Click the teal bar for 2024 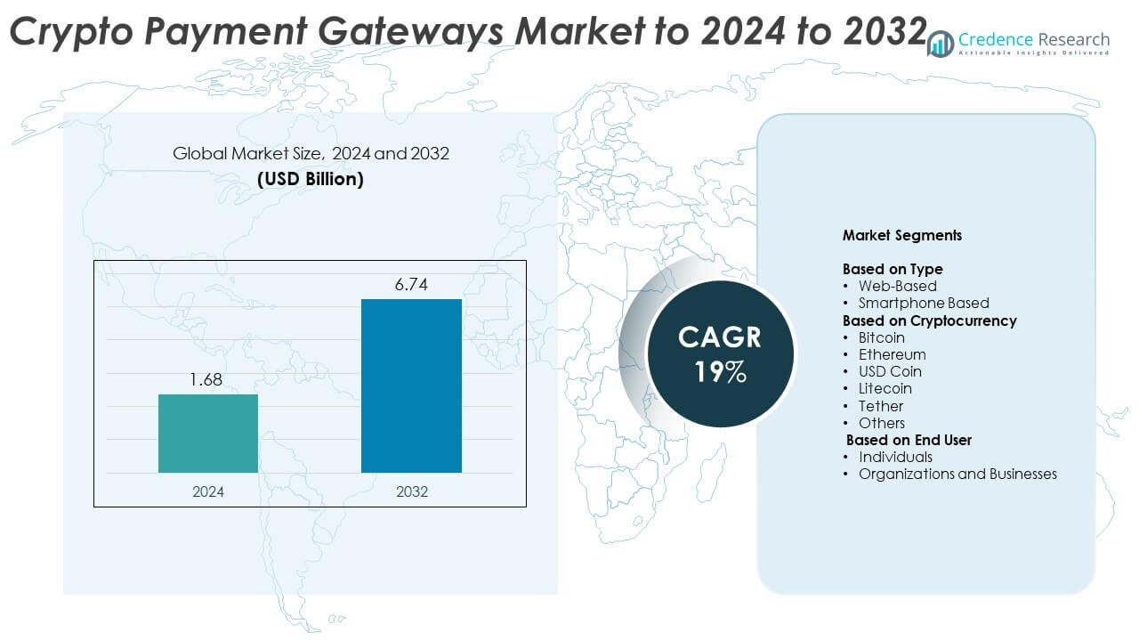point(208,434)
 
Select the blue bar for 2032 point(411,385)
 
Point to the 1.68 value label point(206,380)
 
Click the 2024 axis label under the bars point(208,491)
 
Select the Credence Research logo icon point(940,44)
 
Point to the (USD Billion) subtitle point(311,179)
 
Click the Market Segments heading point(901,236)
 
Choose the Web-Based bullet point(897,286)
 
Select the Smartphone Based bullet point(924,303)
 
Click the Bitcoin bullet point(881,337)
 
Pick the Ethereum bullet point(892,354)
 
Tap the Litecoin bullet point(885,388)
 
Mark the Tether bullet point(880,406)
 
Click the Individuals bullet point(895,457)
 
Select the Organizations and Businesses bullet point(957,474)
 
